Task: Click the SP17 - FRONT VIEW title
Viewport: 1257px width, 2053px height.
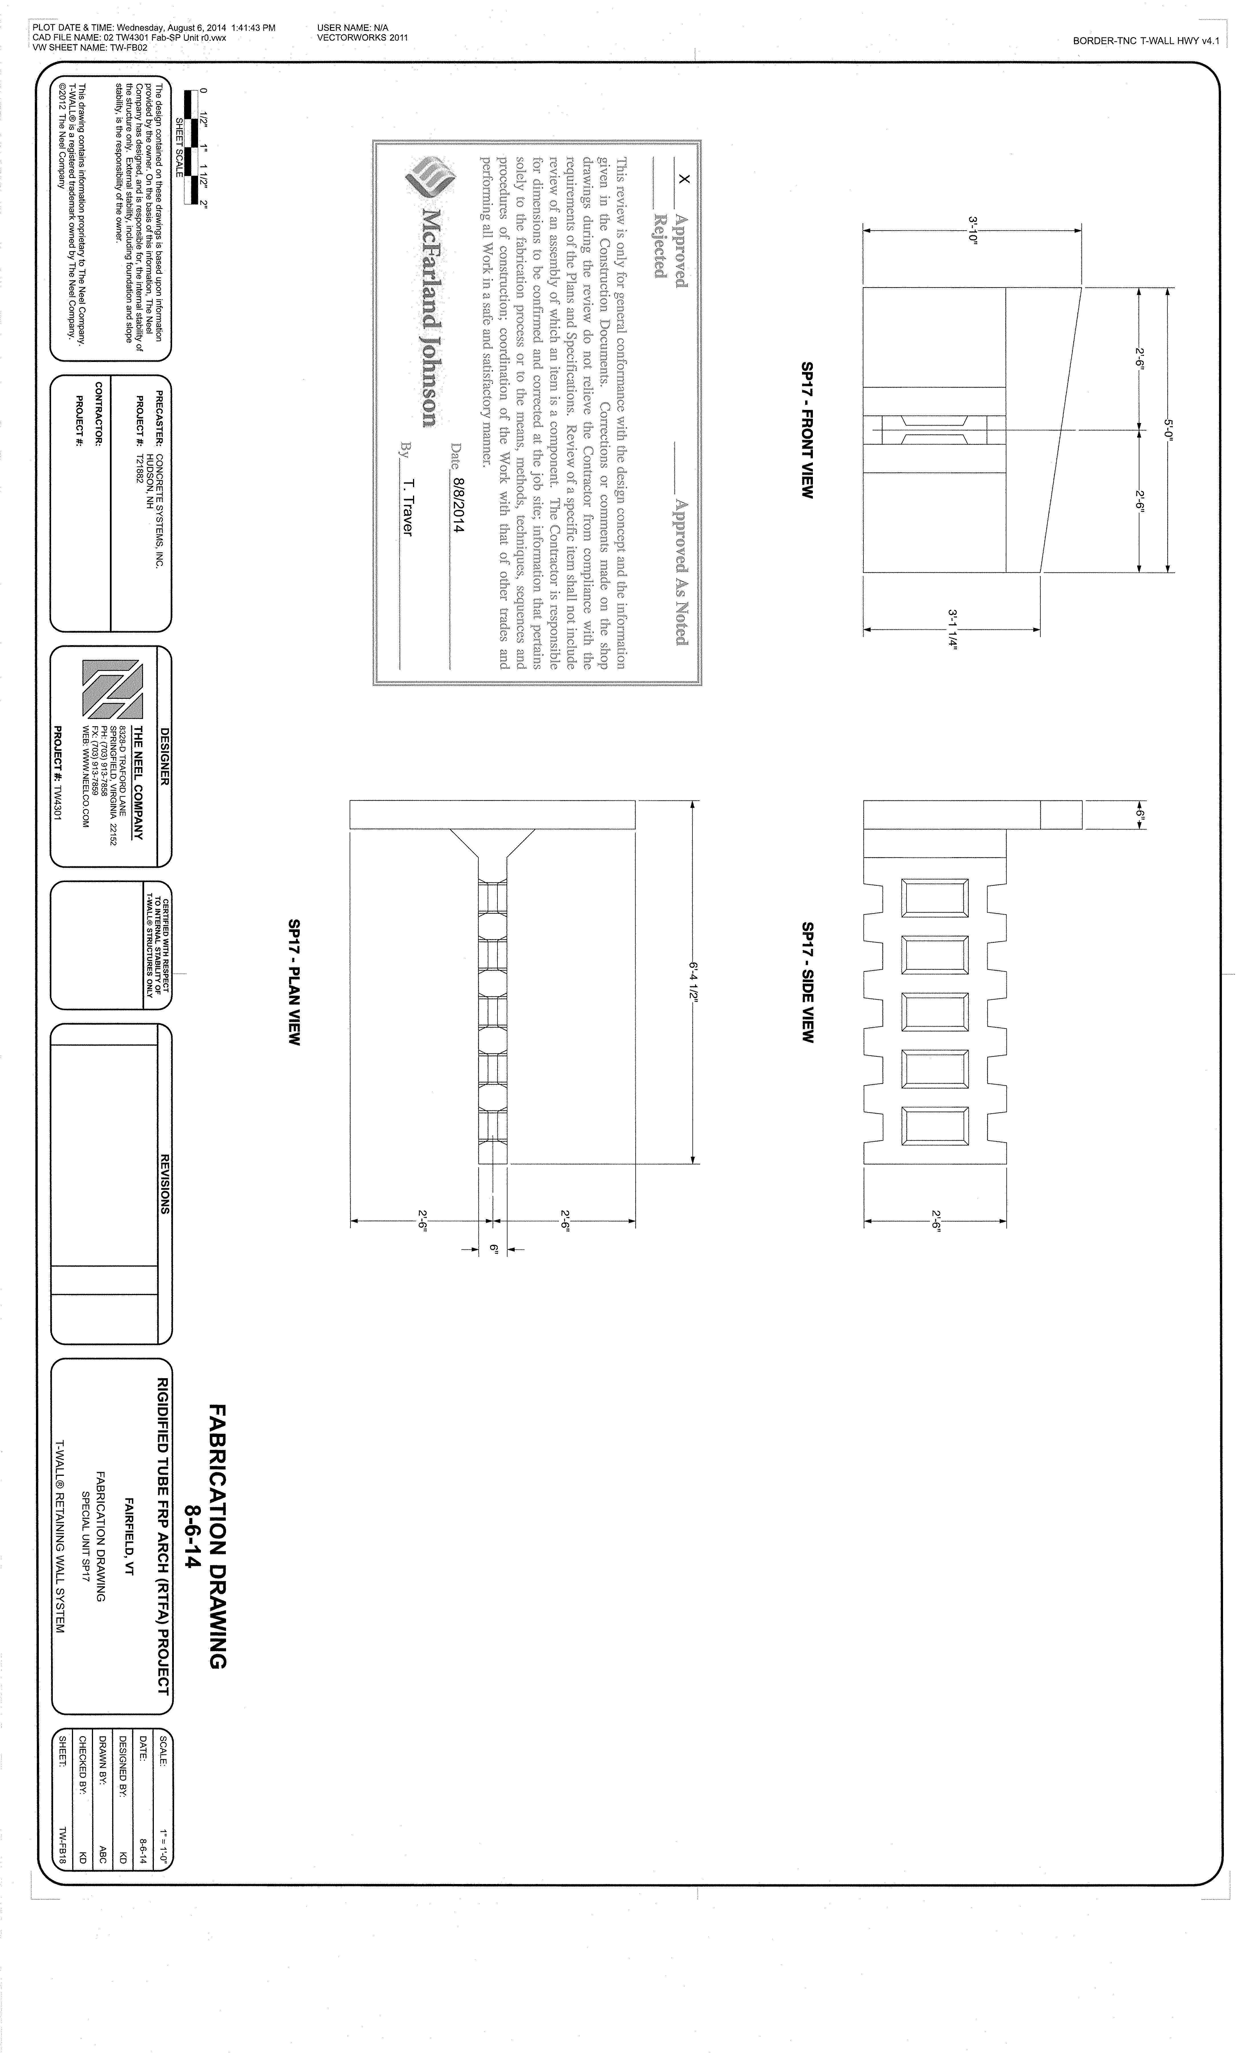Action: (x=806, y=430)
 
